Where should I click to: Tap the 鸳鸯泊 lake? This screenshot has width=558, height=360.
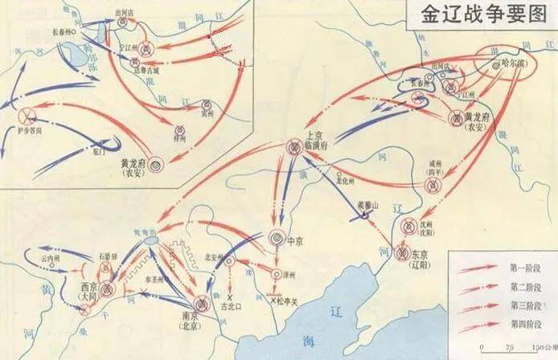click(x=150, y=240)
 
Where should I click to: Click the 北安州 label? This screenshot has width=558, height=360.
click(x=213, y=257)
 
